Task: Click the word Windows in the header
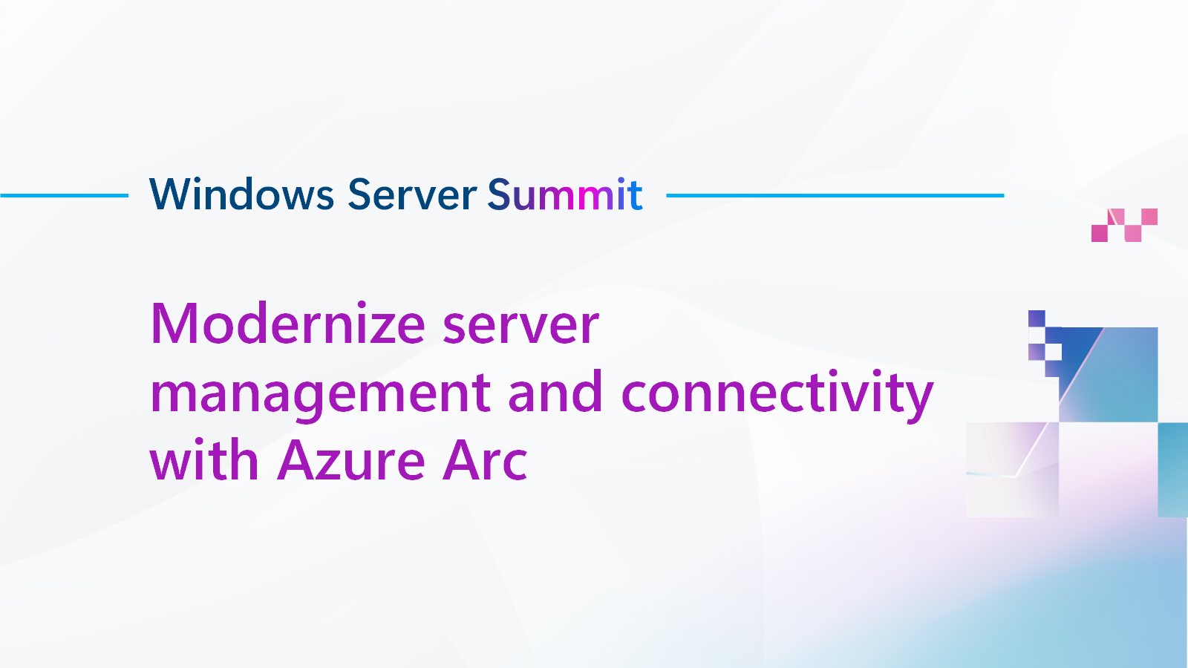[242, 194]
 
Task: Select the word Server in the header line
[411, 194]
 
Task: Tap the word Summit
[565, 194]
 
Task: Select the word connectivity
[777, 393]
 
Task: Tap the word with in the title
[203, 460]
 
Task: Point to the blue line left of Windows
[64, 196]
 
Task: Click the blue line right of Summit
[835, 196]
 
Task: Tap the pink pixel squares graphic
[1124, 225]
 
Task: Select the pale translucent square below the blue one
[1012, 469]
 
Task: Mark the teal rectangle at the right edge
[1173, 469]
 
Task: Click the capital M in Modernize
[175, 324]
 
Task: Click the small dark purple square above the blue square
[1037, 318]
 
